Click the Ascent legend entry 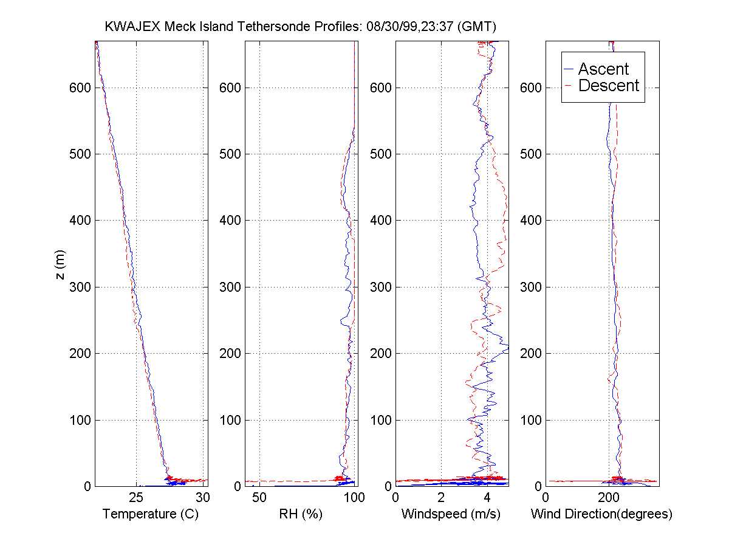(603, 69)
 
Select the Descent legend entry (608, 86)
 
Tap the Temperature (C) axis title (151, 514)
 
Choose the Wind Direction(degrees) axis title (601, 514)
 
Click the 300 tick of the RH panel (233, 287)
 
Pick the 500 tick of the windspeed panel (383, 154)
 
